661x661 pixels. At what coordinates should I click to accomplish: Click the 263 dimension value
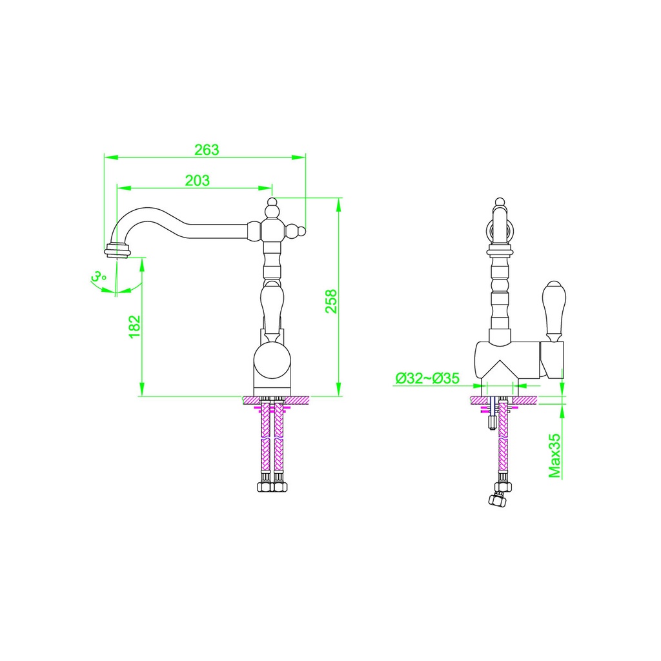pos(207,150)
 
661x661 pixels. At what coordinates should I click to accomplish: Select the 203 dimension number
pos(198,181)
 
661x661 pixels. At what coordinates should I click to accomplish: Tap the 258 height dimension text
pos(331,301)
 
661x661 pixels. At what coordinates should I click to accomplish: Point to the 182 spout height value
pos(134,326)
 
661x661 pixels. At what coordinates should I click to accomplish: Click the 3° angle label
pos(99,276)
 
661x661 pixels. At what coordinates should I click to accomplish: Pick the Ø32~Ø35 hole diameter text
pos(427,378)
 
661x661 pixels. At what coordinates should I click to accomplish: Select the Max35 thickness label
pos(554,456)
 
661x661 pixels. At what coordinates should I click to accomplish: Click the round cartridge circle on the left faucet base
pos(272,360)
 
